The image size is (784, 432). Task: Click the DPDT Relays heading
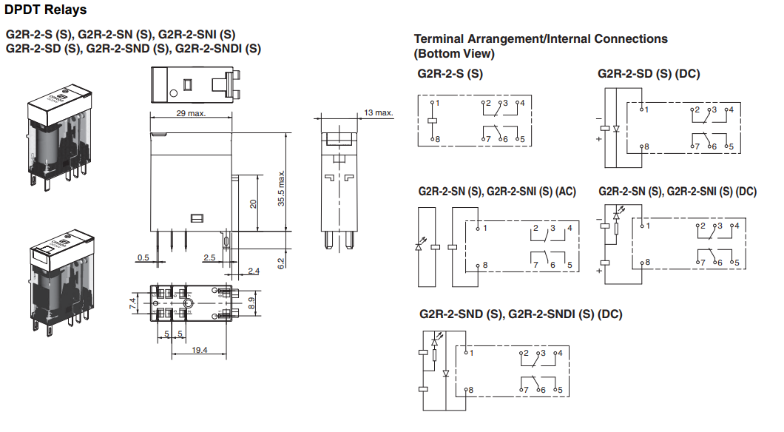click(46, 10)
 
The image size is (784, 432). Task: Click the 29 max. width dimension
click(191, 113)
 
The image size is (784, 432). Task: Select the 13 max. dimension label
click(378, 112)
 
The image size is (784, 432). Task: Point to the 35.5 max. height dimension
click(282, 188)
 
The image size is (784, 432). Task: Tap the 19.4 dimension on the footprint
click(200, 350)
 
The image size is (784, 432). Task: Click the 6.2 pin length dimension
click(282, 263)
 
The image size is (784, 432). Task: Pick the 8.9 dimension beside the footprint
click(251, 303)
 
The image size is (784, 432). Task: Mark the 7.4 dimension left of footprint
click(133, 303)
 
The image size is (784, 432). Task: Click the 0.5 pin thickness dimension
click(143, 257)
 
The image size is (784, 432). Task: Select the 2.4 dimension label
click(254, 271)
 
